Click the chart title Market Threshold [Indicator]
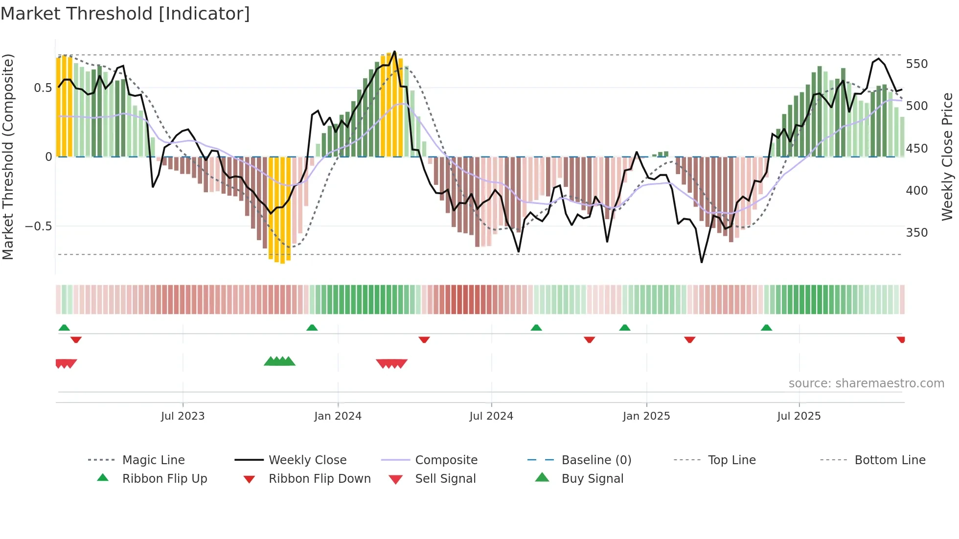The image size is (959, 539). click(x=125, y=14)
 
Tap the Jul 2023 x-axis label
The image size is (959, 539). click(x=183, y=416)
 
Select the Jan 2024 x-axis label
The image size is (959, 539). click(x=338, y=416)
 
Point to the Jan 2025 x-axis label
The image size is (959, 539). click(x=646, y=416)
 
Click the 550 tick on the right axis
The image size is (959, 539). click(x=916, y=64)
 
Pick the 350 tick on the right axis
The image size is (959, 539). click(x=916, y=232)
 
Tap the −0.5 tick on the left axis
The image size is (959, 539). click(x=38, y=226)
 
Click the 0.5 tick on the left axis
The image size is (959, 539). click(x=43, y=88)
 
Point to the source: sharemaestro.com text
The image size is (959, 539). click(x=866, y=383)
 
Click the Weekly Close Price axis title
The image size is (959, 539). click(x=947, y=157)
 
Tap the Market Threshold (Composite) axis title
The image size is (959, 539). click(x=8, y=157)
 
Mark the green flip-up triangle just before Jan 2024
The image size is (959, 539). click(x=312, y=328)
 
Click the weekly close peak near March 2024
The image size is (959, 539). click(x=394, y=51)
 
